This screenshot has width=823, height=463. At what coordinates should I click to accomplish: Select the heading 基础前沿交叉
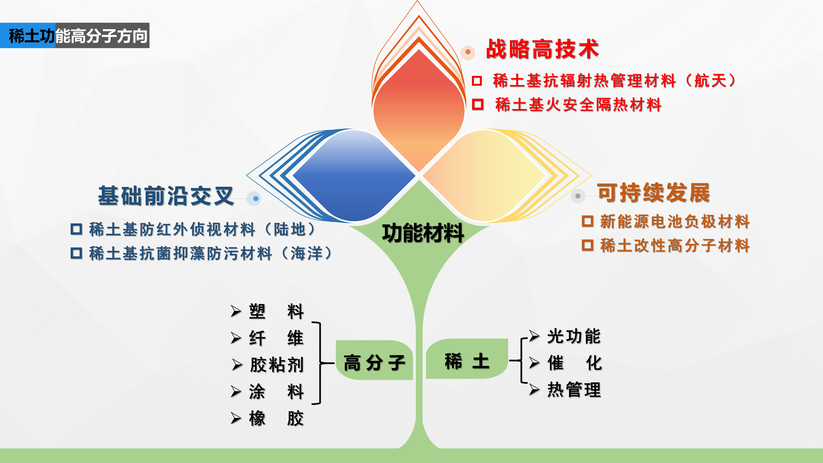166,196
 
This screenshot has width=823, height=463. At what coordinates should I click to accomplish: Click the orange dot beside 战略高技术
468,52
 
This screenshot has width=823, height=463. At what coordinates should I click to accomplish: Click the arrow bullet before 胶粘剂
237,365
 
